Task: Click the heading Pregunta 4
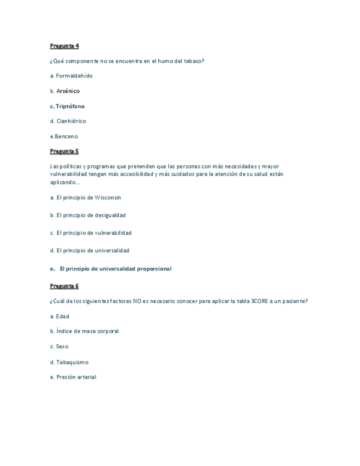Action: [64, 46]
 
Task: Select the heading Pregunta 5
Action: [64, 151]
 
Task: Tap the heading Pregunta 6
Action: [64, 286]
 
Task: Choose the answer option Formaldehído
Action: [74, 76]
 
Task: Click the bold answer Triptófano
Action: [70, 106]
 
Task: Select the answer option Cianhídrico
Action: [71, 121]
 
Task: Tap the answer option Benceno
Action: [66, 136]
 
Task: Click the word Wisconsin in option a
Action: [108, 197]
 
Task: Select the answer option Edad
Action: [62, 317]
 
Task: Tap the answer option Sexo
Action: [62, 347]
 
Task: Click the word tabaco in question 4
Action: [193, 61]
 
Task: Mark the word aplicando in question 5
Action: [63, 182]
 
